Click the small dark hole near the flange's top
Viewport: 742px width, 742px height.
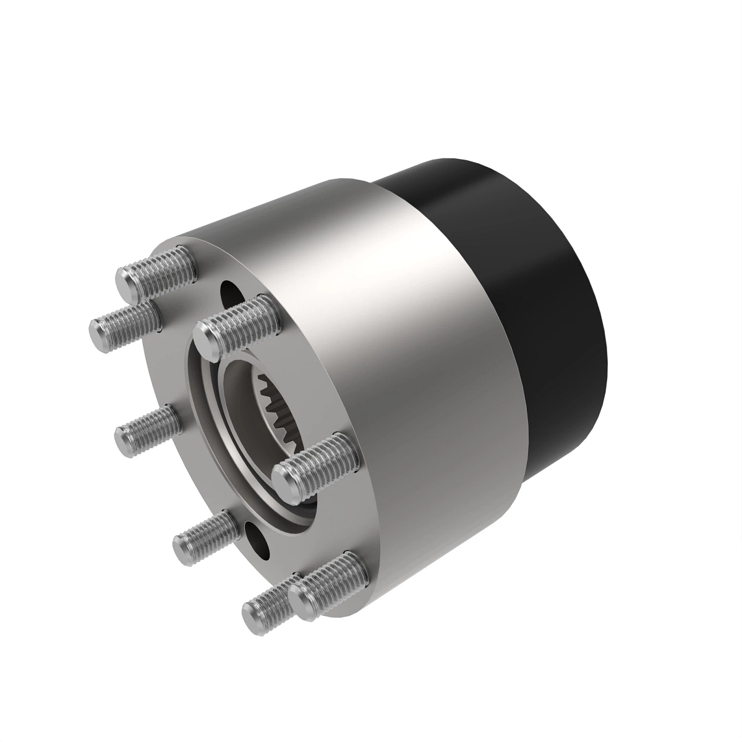(231, 291)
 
